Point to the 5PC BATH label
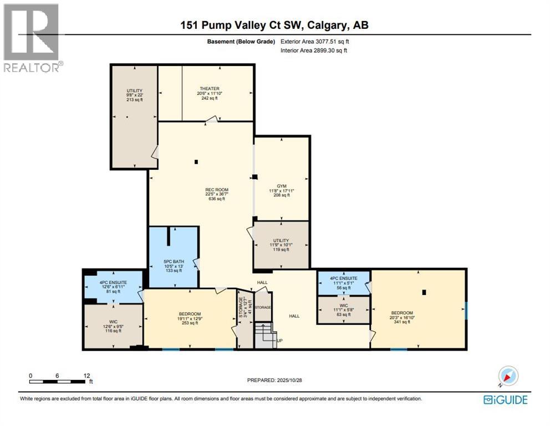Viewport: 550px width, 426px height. tap(173, 261)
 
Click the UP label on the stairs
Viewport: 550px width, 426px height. tap(279, 340)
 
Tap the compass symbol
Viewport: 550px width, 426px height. tap(508, 376)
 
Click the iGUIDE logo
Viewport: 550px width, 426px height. tap(505, 399)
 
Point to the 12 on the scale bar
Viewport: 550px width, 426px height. tap(86, 375)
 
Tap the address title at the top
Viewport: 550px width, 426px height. tap(274, 25)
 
